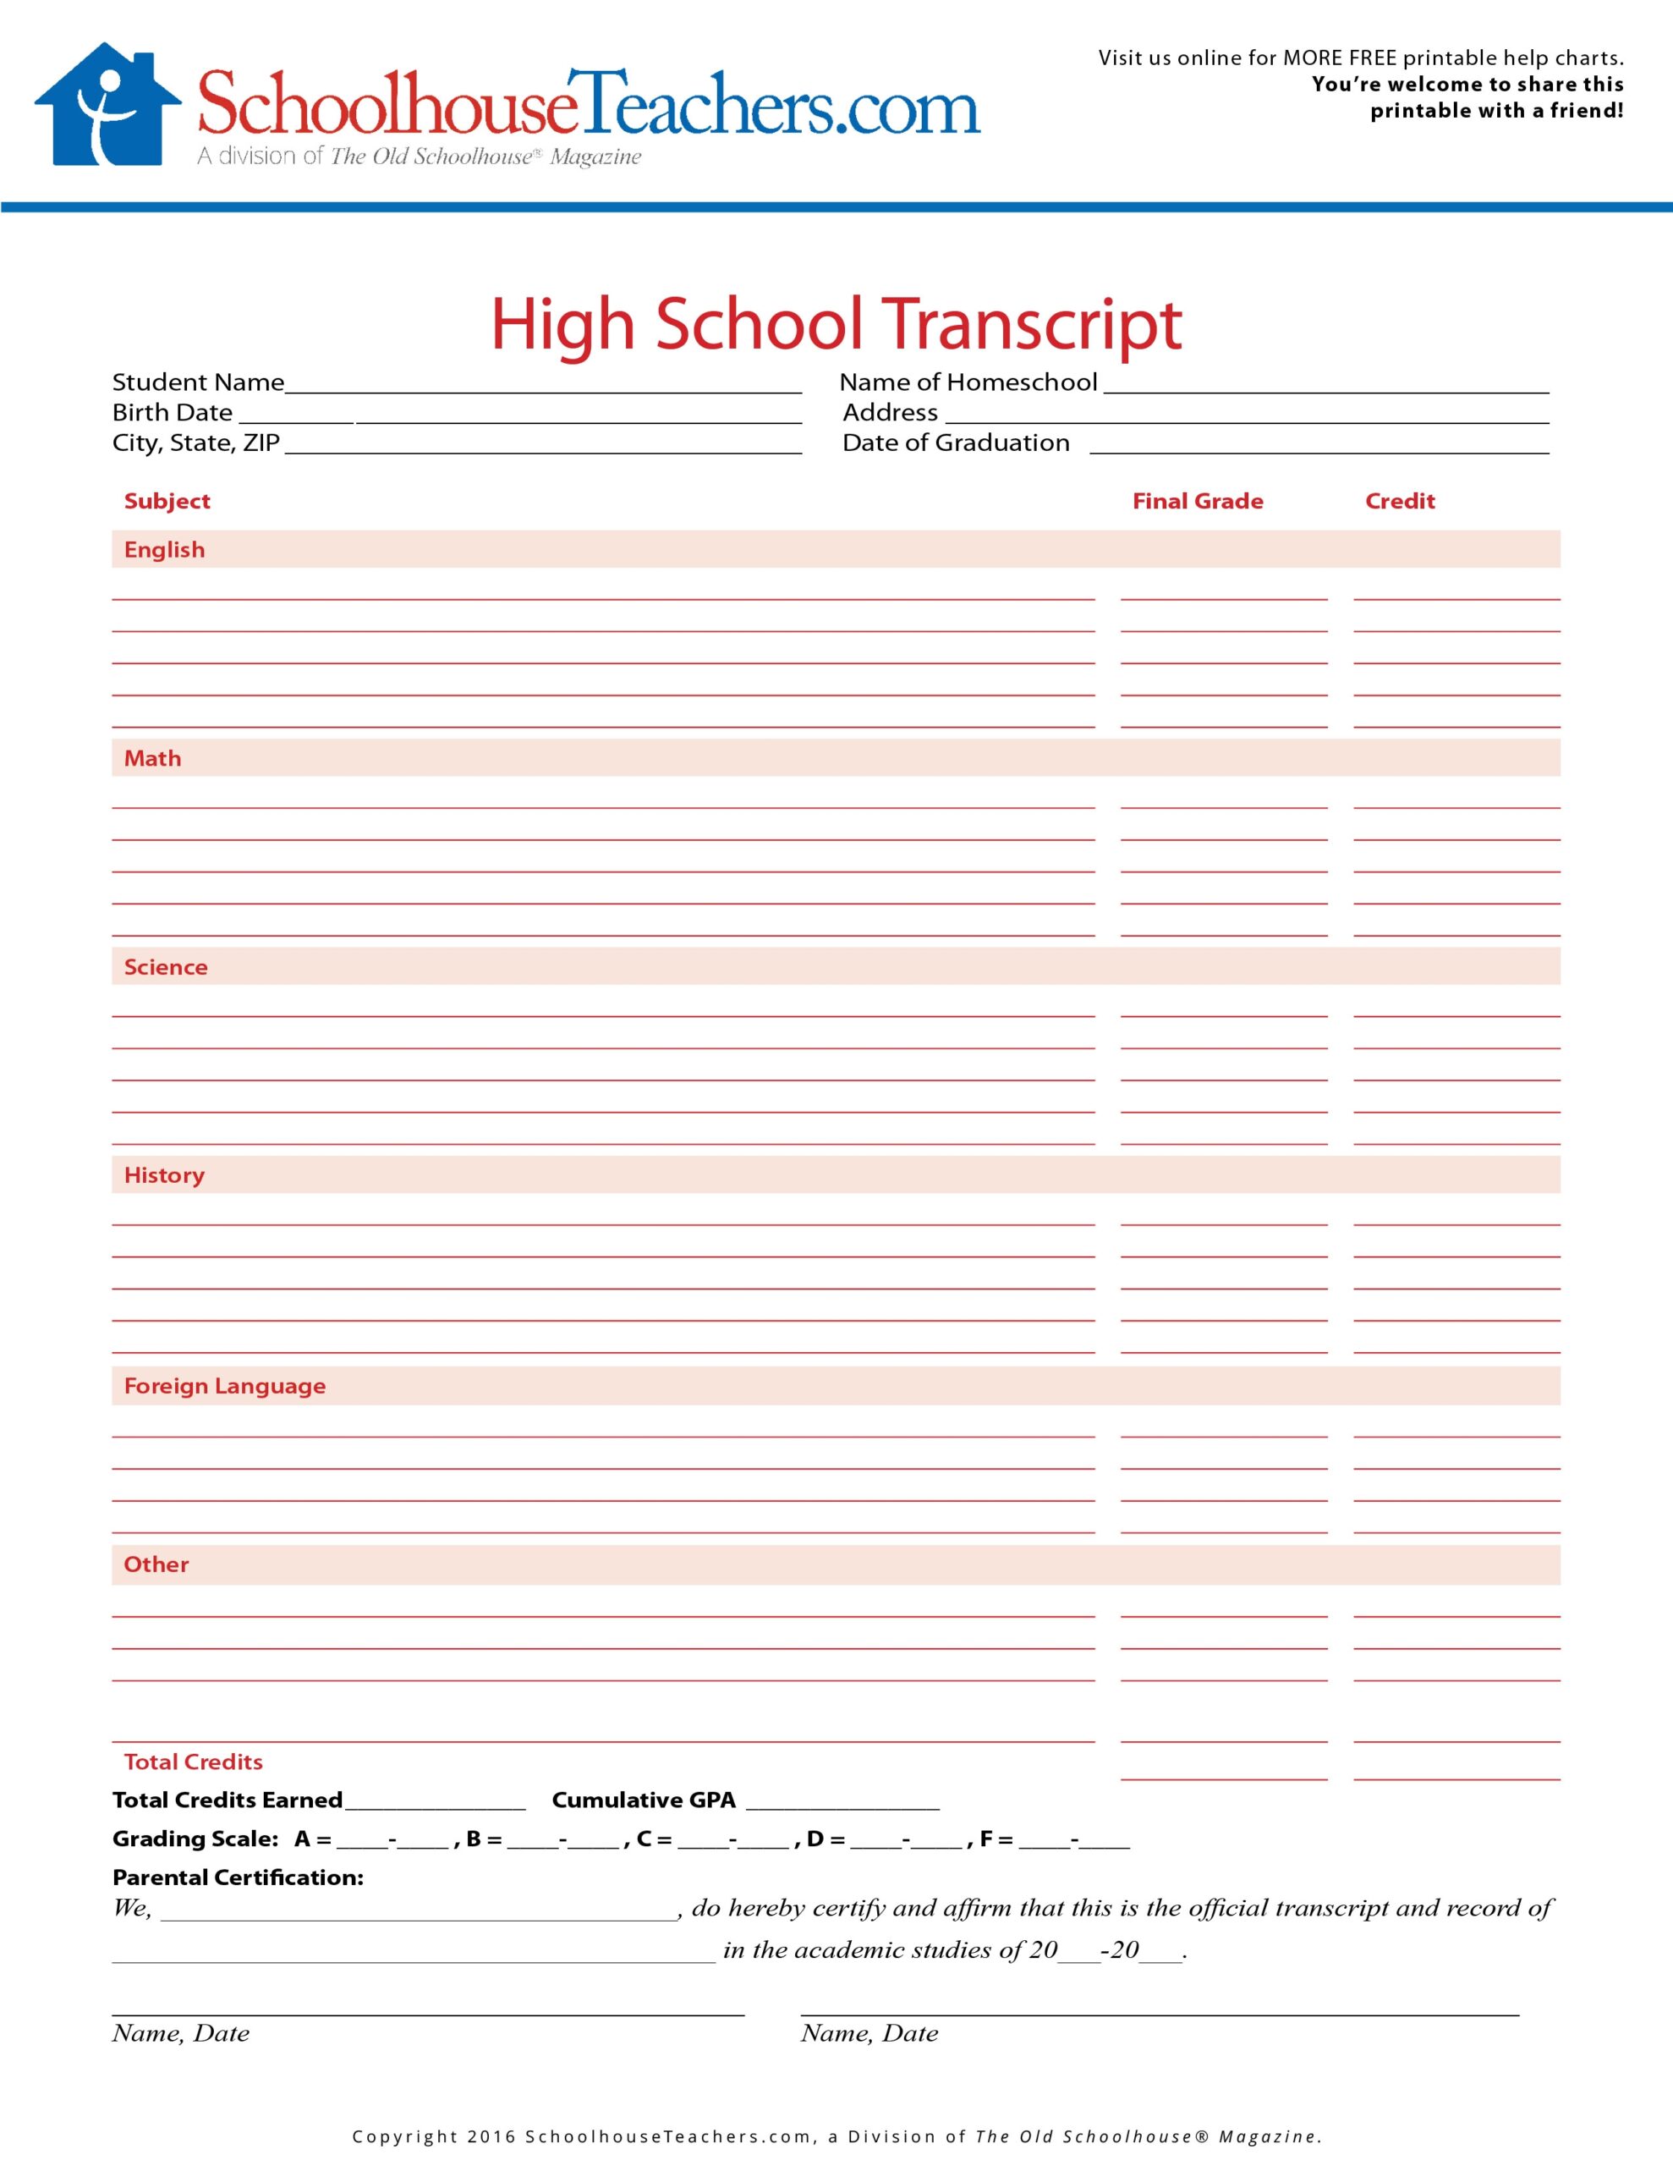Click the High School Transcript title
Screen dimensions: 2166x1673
pos(836,324)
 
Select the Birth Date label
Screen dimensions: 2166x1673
pos(172,413)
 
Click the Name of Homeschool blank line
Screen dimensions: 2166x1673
pos(1326,385)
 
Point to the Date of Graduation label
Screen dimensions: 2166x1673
pos(955,443)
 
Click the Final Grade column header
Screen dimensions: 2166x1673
pos(1197,501)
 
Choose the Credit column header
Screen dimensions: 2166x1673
pos(1399,501)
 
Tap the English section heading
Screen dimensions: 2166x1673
pos(165,549)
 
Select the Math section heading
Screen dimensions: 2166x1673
pos(153,758)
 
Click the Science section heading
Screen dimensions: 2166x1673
pos(166,967)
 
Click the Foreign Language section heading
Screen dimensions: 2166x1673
pos(224,1386)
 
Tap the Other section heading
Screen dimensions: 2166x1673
pos(156,1564)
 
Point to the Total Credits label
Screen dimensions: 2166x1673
pos(194,1762)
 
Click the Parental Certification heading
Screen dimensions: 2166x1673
pos(238,1877)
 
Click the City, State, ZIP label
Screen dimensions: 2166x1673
pos(195,443)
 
